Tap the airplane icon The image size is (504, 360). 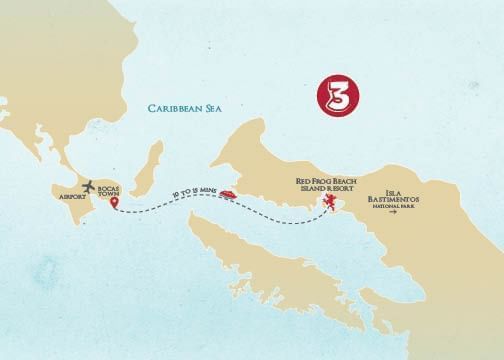(x=90, y=186)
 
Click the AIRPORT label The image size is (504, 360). (x=75, y=197)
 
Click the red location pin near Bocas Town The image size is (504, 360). (x=115, y=204)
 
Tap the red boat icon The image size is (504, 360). (x=227, y=194)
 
